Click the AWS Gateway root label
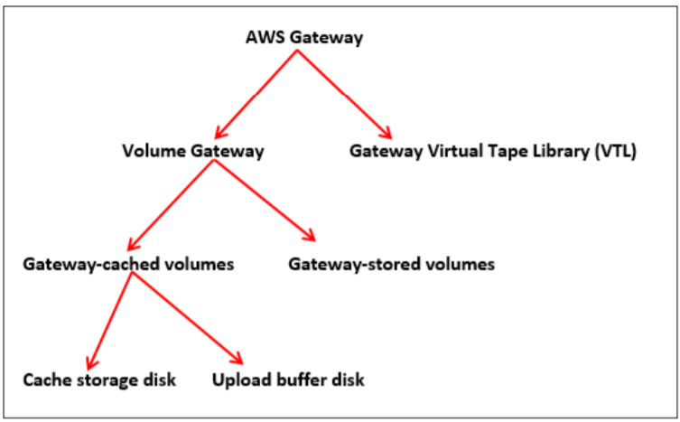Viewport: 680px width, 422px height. (x=304, y=37)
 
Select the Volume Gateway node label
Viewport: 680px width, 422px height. (x=192, y=151)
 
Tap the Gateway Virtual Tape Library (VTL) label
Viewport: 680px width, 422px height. (x=493, y=151)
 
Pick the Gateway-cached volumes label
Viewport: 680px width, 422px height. (x=129, y=264)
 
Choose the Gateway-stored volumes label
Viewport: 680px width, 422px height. (x=392, y=264)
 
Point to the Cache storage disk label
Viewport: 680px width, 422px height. (x=99, y=380)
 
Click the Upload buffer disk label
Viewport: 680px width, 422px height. (x=288, y=380)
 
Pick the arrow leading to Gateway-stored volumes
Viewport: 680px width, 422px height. (x=264, y=203)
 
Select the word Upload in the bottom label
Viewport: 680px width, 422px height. (x=238, y=380)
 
